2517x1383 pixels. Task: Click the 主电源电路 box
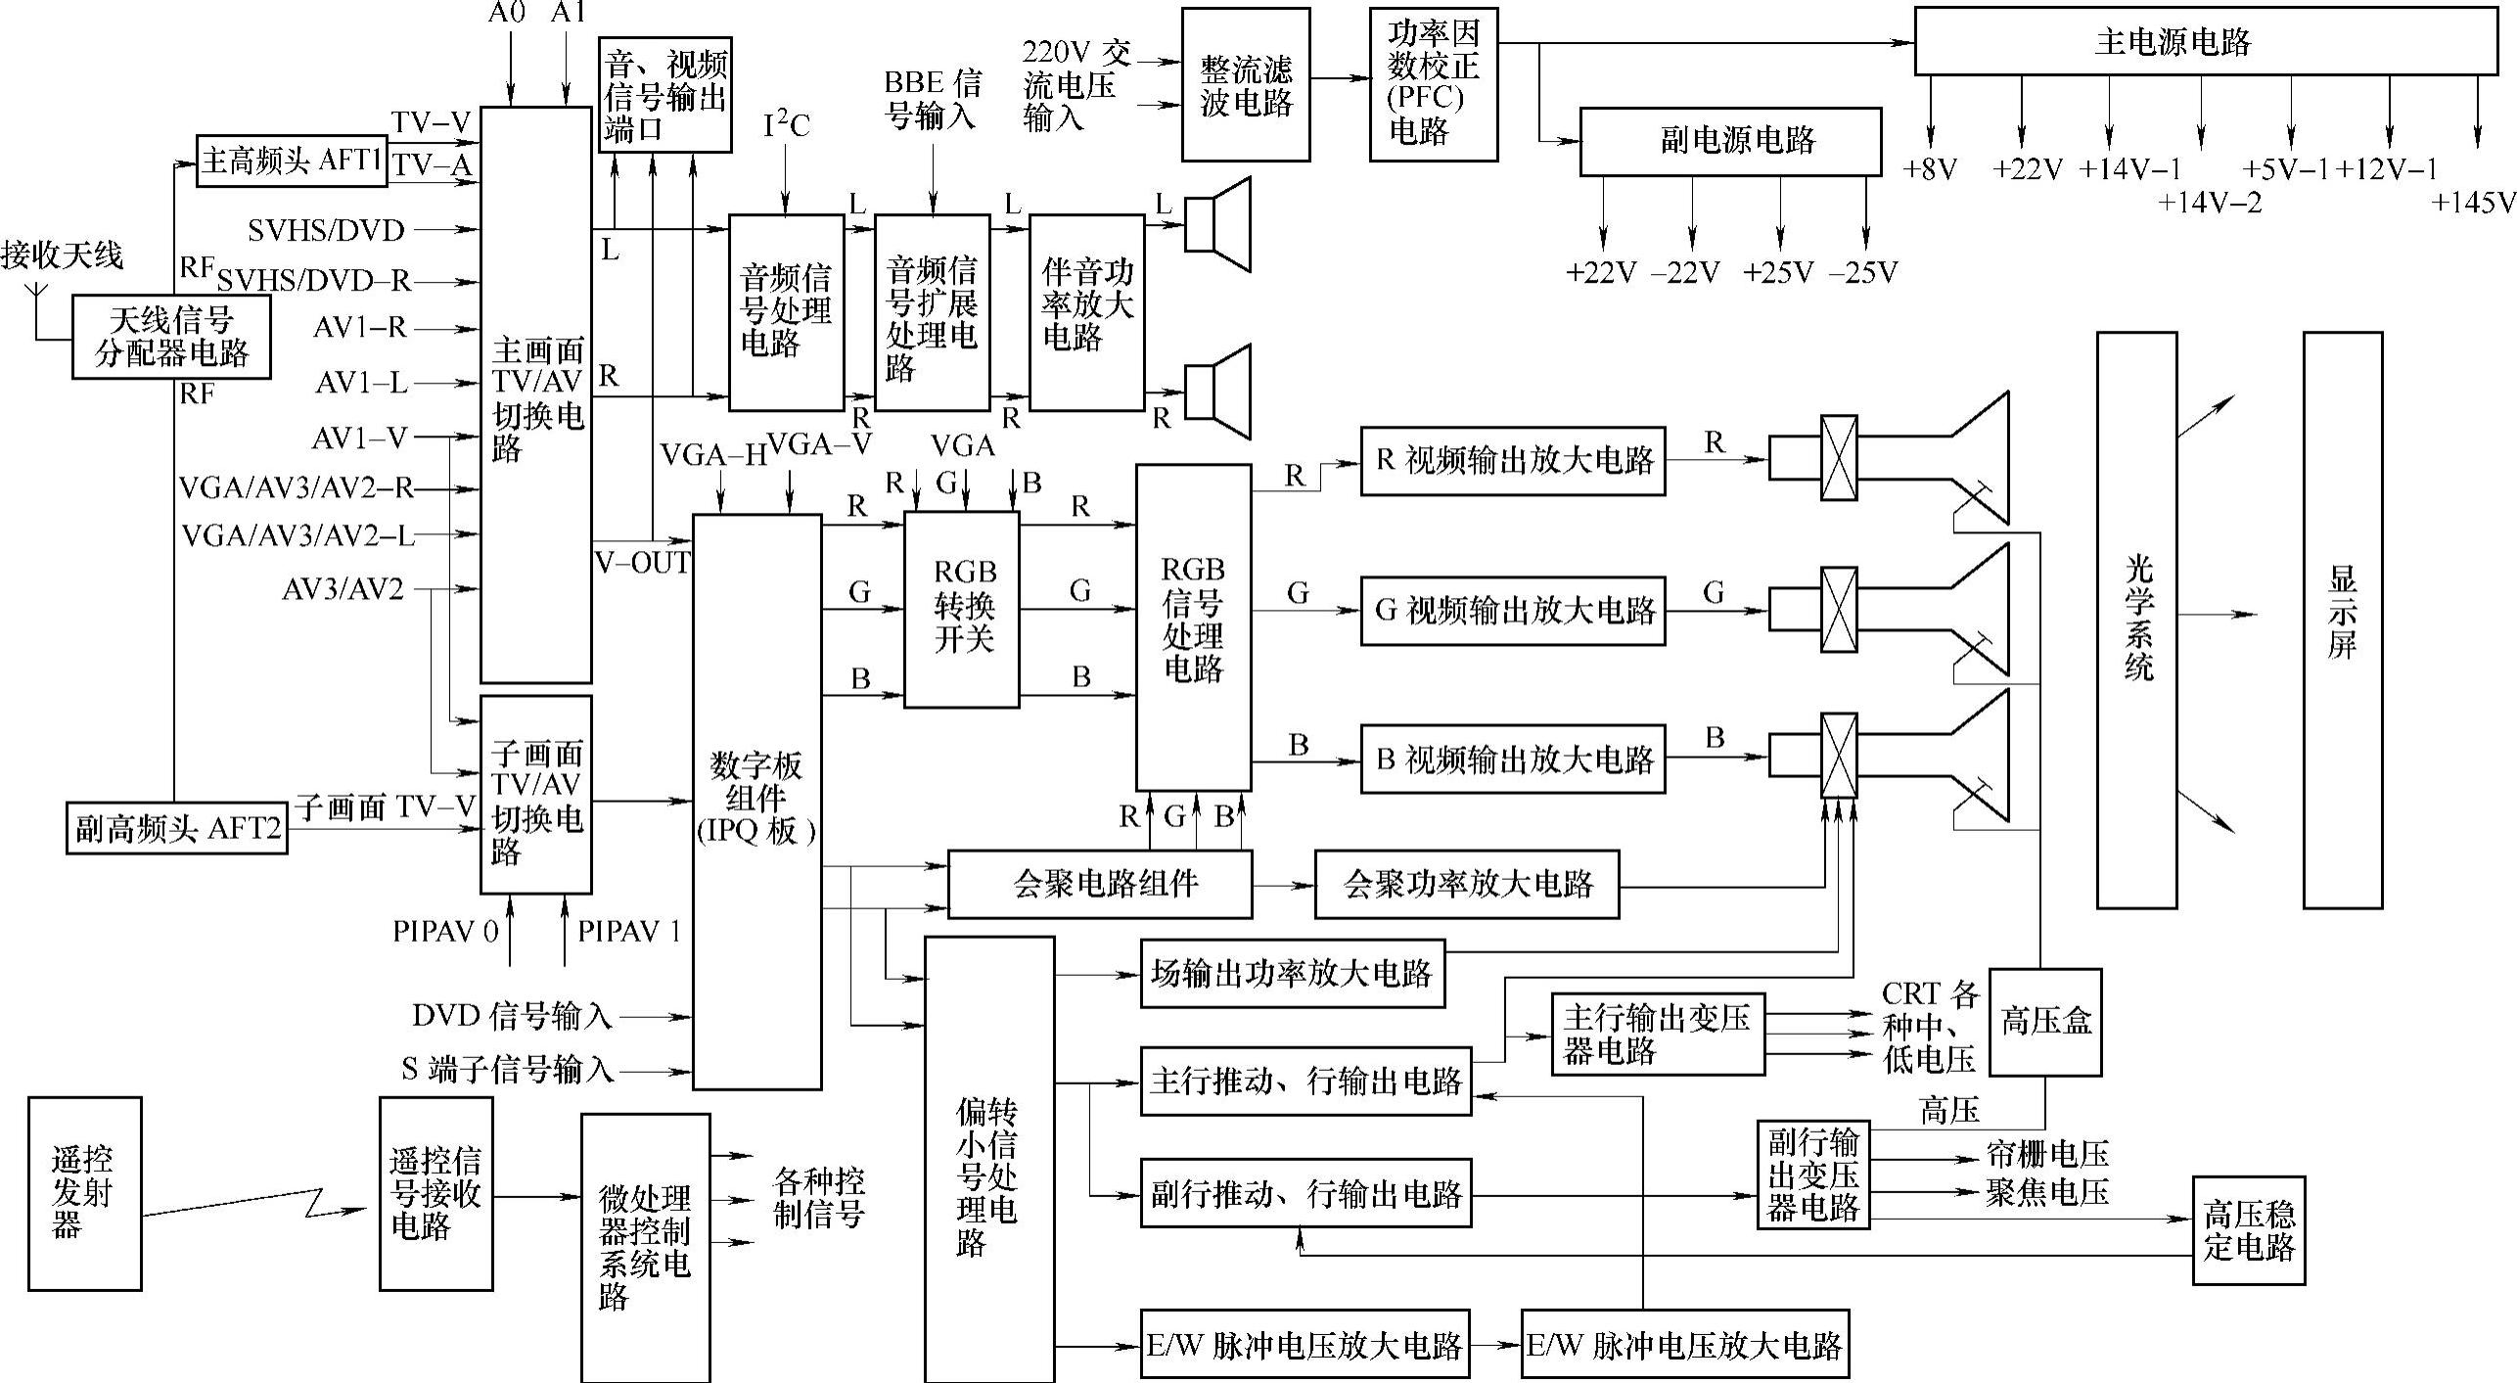[2205, 41]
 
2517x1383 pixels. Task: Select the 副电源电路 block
[1729, 141]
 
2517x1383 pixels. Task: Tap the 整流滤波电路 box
[1245, 85]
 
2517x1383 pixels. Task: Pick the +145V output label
[2472, 203]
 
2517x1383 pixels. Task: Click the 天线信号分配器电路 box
[171, 336]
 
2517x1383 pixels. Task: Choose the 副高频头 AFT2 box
[177, 828]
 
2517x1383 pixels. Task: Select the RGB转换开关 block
[961, 609]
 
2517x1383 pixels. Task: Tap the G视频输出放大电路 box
[1512, 611]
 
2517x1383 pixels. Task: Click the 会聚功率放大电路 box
[1466, 885]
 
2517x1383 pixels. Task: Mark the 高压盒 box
[2044, 1022]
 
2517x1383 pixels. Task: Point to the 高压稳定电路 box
[2248, 1230]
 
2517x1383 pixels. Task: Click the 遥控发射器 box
[84, 1192]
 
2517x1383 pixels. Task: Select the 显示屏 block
[2342, 620]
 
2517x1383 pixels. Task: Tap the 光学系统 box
[2136, 620]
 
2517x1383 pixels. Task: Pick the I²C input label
[786, 125]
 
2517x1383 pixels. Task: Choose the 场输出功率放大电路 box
[1292, 974]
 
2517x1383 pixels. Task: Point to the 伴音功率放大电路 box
[1086, 312]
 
